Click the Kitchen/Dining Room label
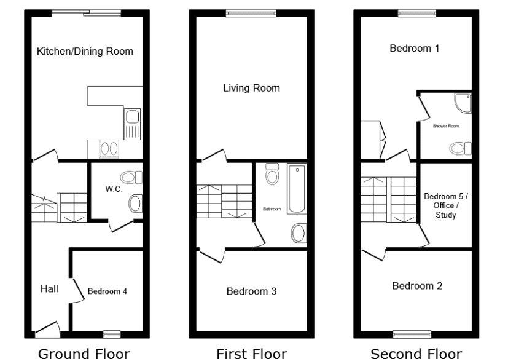(x=85, y=51)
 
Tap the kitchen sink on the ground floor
(x=132, y=124)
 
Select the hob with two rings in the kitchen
(x=109, y=149)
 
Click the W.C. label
(x=114, y=189)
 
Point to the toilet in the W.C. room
(x=131, y=178)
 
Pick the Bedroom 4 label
(x=107, y=291)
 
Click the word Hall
(x=49, y=289)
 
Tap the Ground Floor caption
(x=84, y=354)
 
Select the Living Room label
(x=251, y=88)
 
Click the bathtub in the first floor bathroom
(x=297, y=189)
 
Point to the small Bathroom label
(x=272, y=209)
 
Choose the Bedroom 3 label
(x=251, y=291)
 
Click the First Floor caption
(x=252, y=354)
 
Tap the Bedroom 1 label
(x=415, y=49)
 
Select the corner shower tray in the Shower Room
(x=463, y=103)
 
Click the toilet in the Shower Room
(x=460, y=149)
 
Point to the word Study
(x=446, y=215)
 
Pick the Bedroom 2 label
(x=417, y=286)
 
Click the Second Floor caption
(x=416, y=354)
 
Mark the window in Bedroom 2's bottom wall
(x=412, y=334)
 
